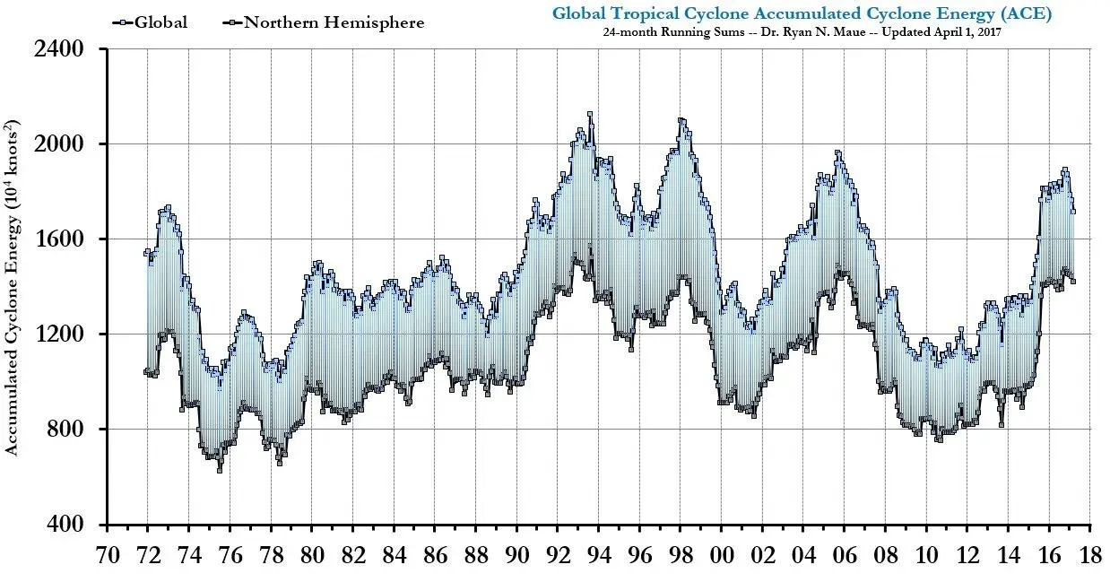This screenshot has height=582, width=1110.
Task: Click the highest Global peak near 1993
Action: tap(589, 114)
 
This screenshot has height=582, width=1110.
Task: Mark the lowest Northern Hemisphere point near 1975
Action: tap(220, 469)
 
